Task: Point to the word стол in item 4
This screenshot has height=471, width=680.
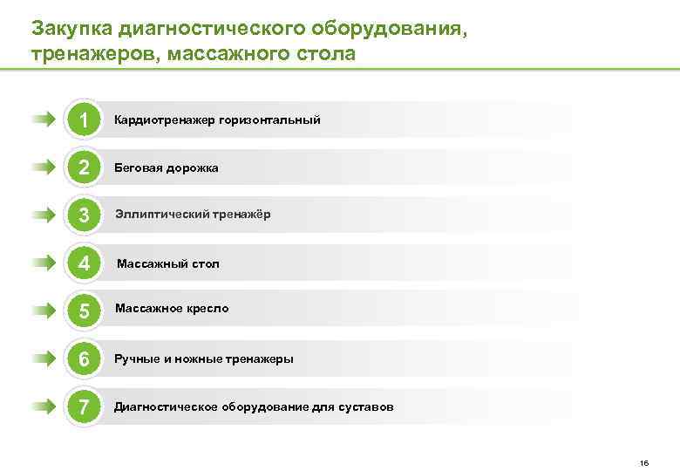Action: (x=205, y=263)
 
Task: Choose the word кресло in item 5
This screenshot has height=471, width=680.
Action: (x=207, y=309)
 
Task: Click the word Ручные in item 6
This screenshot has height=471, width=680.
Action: (x=136, y=358)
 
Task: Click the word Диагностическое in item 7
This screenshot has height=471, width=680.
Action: (x=166, y=407)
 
